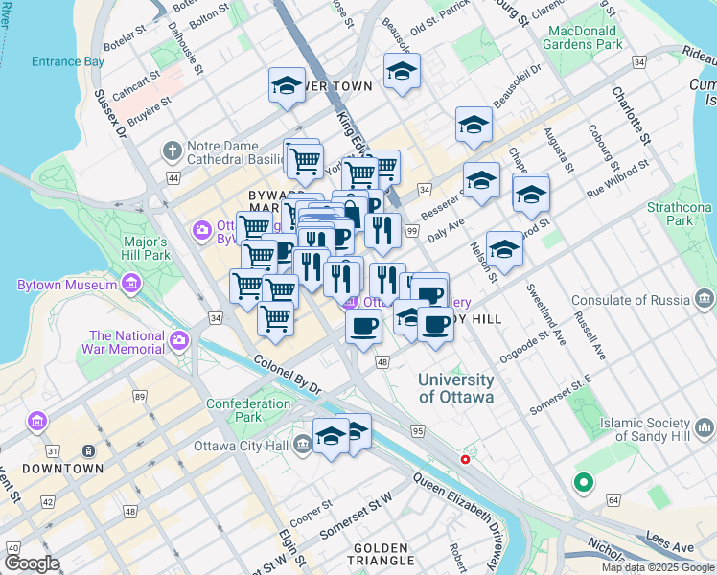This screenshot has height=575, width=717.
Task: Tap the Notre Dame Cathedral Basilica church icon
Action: [172, 150]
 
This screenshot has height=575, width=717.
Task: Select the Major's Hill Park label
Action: [146, 249]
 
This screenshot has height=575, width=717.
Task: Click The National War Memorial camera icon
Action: [178, 341]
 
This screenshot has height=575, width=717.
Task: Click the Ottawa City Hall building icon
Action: [303, 443]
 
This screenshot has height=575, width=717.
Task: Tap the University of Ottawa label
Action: [455, 388]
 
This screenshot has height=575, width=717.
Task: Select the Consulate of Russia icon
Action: [705, 300]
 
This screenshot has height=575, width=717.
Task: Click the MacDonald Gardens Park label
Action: [584, 37]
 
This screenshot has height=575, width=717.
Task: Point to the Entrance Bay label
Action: [67, 62]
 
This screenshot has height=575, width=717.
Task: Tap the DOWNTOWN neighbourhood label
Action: [62, 469]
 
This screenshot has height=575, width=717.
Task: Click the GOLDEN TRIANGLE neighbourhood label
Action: [381, 553]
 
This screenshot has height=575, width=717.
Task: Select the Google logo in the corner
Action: [33, 563]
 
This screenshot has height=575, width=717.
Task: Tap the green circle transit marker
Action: [582, 483]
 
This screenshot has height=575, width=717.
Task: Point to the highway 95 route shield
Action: [417, 431]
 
